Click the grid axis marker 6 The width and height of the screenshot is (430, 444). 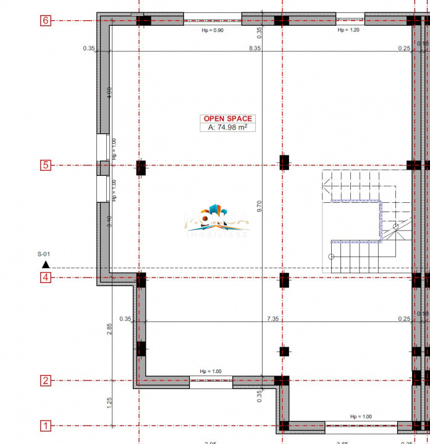coord(45,20)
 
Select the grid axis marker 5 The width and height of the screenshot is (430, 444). coord(45,165)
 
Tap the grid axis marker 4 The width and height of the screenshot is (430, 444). coord(45,277)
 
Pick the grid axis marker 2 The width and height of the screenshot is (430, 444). coord(45,380)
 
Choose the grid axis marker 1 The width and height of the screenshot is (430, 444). coord(45,425)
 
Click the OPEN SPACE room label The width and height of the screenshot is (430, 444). coord(227,119)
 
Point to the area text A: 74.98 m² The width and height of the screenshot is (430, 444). coord(227,128)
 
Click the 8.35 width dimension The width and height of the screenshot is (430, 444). coord(254,47)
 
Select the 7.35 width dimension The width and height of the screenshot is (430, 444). coord(272,319)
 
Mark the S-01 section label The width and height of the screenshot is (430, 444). coord(44,254)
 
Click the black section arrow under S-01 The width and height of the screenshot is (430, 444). coord(45,265)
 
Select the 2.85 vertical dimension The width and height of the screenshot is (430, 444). coord(109,329)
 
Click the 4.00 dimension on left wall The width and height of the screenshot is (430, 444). coord(109,92)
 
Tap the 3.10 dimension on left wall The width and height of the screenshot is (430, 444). coord(109,221)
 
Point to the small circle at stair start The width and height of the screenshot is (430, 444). coord(331,257)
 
